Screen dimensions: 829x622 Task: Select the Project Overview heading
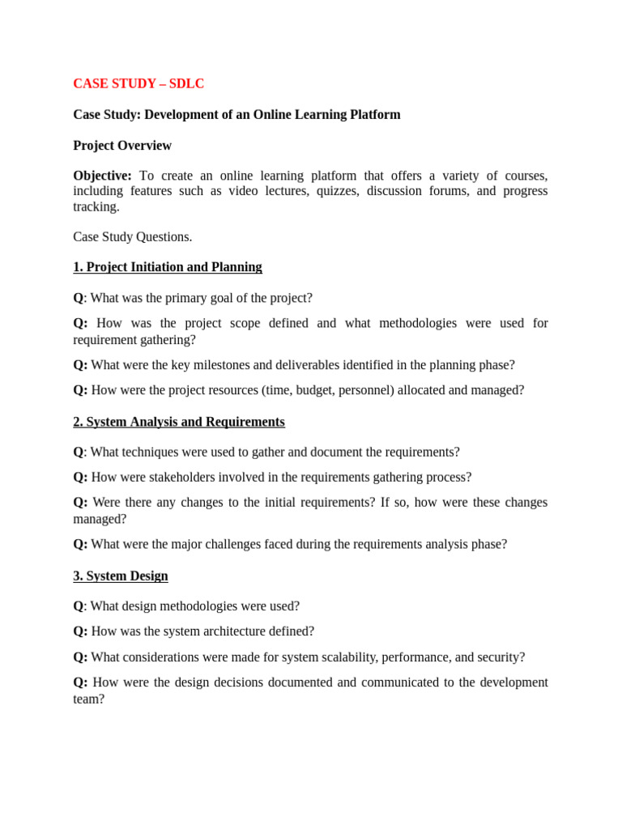tap(122, 146)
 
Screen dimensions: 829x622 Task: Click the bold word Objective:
tap(102, 176)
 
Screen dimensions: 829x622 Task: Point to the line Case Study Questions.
tap(133, 237)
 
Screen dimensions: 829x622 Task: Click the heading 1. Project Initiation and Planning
tap(168, 267)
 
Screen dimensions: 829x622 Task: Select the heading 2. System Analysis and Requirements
tap(179, 422)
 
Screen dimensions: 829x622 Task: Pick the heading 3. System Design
tap(121, 576)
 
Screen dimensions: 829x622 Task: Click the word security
tap(499, 657)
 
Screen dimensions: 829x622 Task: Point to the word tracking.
tap(96, 206)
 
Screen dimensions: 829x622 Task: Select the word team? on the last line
tap(89, 699)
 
